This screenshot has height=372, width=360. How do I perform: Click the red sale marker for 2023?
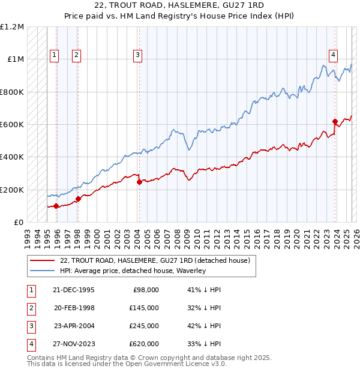(x=335, y=121)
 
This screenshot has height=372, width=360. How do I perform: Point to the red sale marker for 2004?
(x=139, y=182)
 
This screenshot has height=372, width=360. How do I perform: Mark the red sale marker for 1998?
(x=78, y=199)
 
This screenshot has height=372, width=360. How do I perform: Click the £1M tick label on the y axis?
(x=14, y=59)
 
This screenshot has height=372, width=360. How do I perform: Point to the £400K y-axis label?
(x=12, y=157)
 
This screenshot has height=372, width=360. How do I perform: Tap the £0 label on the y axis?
(x=19, y=222)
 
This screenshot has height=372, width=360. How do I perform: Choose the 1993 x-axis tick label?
(x=27, y=236)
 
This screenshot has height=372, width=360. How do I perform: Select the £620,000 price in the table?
(x=144, y=344)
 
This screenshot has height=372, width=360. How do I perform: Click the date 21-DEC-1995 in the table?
(x=74, y=290)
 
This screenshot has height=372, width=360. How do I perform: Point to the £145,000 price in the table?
(x=144, y=308)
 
